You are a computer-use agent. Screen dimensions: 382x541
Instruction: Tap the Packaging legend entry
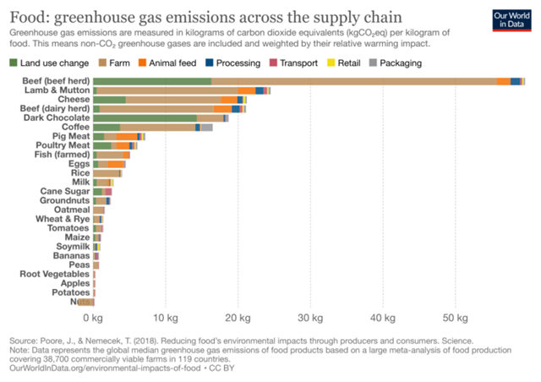pyautogui.click(x=401, y=63)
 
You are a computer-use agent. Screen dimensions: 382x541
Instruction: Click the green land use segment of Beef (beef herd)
pyautogui.click(x=152, y=80)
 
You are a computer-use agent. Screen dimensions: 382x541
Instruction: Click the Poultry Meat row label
pyautogui.click(x=63, y=145)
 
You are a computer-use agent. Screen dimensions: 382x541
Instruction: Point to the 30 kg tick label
pyautogui.click(x=311, y=319)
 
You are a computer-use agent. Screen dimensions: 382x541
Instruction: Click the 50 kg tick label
pyautogui.click(x=456, y=319)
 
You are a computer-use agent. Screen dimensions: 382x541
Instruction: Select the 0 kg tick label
pyautogui.click(x=95, y=319)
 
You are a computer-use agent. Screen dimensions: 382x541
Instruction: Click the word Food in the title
pyautogui.click(x=28, y=16)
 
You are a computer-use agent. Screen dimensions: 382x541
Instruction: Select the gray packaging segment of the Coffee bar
pyautogui.click(x=206, y=128)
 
